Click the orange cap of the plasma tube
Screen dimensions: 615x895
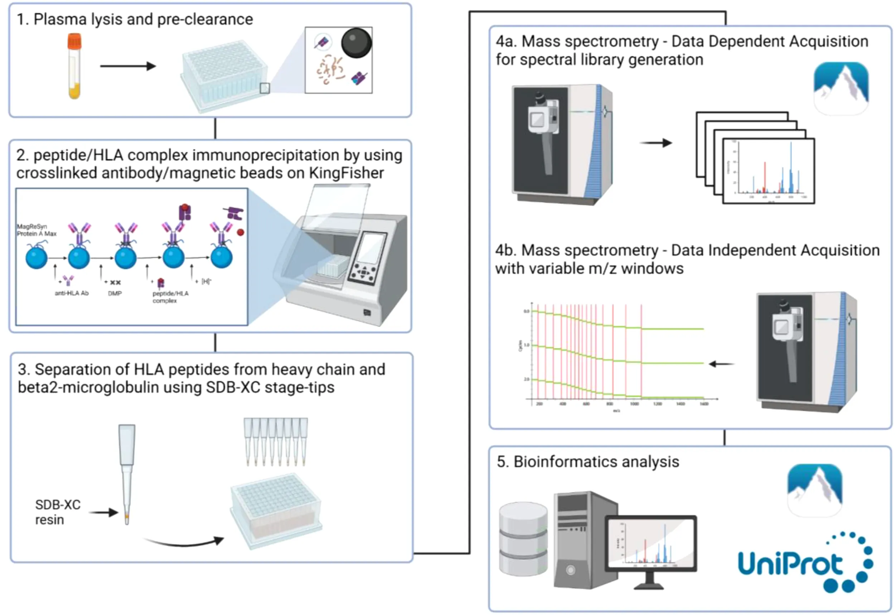[x=74, y=41]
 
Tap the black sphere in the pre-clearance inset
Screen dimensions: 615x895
[x=356, y=43]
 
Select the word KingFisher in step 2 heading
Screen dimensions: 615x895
[x=346, y=173]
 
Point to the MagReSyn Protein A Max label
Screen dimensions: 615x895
[x=36, y=230]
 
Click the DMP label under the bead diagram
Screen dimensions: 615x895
[x=115, y=293]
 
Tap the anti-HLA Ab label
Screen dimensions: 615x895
[x=72, y=293]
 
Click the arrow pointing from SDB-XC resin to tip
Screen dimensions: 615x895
[x=103, y=512]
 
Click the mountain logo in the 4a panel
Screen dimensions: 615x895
[x=841, y=88]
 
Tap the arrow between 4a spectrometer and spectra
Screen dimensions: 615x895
[x=656, y=143]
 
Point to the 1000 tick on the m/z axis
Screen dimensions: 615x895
[x=634, y=404]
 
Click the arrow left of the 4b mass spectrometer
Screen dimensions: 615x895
[x=721, y=364]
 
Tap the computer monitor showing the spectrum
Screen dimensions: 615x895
[x=650, y=543]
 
